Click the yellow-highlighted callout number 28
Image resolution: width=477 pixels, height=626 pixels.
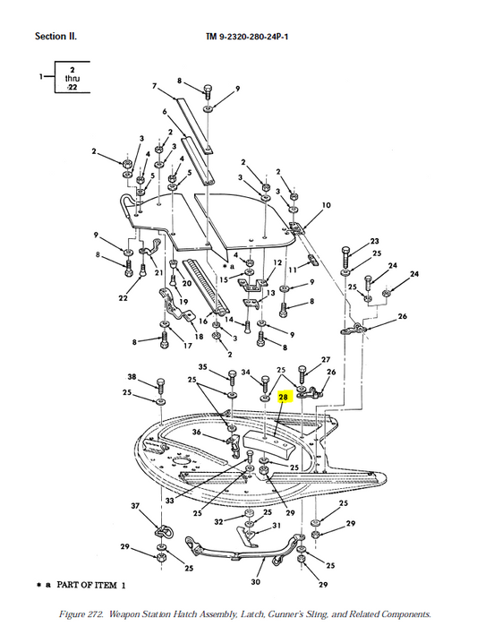click(x=283, y=397)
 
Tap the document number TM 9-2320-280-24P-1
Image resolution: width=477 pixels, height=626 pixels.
click(x=247, y=37)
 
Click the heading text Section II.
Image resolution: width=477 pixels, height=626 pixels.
click(x=55, y=37)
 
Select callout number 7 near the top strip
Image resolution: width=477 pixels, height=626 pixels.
click(x=154, y=85)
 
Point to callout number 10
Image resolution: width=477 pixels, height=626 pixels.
click(x=326, y=205)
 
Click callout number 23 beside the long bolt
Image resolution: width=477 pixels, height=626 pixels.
click(x=374, y=241)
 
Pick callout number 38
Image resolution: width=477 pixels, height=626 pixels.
click(x=132, y=376)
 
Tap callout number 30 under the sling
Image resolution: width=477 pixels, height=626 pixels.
click(x=256, y=582)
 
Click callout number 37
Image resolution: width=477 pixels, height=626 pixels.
click(x=135, y=506)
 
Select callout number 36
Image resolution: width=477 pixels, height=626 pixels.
click(x=196, y=432)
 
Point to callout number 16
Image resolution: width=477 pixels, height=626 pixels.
click(x=203, y=322)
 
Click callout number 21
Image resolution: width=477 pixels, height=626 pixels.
click(x=158, y=272)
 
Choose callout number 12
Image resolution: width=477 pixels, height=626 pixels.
click(x=277, y=262)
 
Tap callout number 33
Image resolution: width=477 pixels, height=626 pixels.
click(x=169, y=500)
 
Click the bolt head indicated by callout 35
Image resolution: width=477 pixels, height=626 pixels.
click(x=232, y=374)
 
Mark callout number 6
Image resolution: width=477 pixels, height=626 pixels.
click(x=165, y=111)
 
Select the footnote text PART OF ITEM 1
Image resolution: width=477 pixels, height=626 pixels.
click(x=91, y=586)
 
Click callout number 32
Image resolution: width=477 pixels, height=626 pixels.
click(x=218, y=522)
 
